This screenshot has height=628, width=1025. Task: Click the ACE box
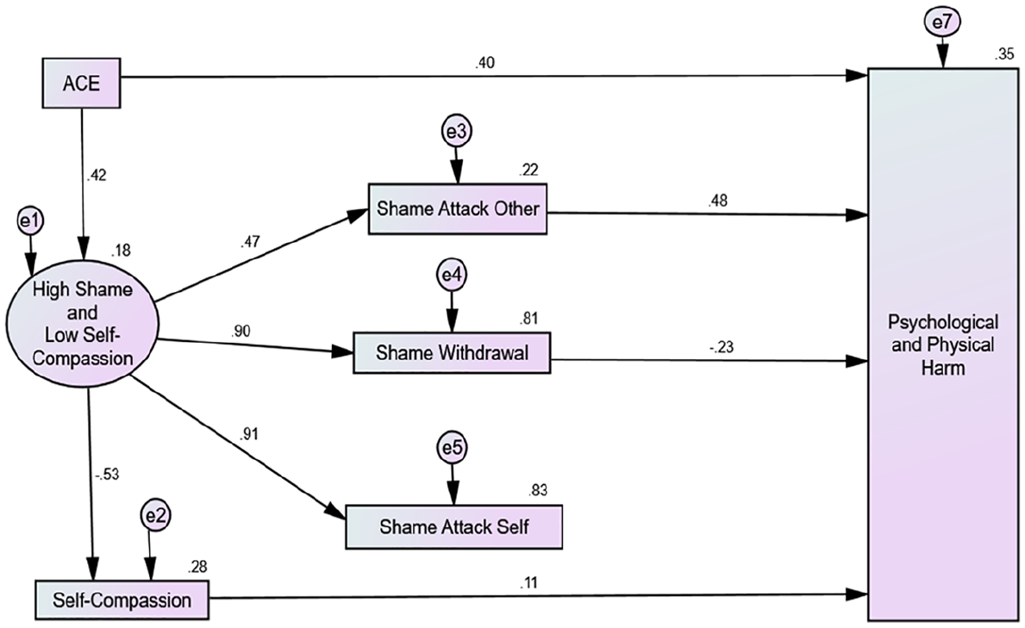coord(82,83)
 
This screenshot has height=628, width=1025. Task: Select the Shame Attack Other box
coord(458,209)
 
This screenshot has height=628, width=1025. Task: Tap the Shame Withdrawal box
coord(452,353)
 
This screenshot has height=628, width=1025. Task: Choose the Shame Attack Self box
coord(453,526)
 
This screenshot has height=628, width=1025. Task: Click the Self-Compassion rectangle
coord(122,600)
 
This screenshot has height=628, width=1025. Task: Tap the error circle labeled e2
coord(155,516)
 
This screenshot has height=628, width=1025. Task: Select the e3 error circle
coord(456,132)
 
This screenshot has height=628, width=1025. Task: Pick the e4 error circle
coord(452,275)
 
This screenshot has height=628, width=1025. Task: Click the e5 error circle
coord(453,448)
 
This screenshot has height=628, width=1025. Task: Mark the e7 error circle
coord(942,23)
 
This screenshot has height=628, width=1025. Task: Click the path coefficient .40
coord(485,63)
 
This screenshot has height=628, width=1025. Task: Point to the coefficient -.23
coord(721,347)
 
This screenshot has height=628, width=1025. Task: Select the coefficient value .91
coord(249,434)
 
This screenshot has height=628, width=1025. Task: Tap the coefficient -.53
coord(107,475)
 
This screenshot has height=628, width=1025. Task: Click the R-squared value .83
coord(538,490)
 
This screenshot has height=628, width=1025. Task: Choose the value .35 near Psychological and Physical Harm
coord(1004,54)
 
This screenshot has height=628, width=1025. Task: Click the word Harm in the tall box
coord(942,368)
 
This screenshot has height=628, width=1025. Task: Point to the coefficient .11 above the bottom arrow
coord(528,583)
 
